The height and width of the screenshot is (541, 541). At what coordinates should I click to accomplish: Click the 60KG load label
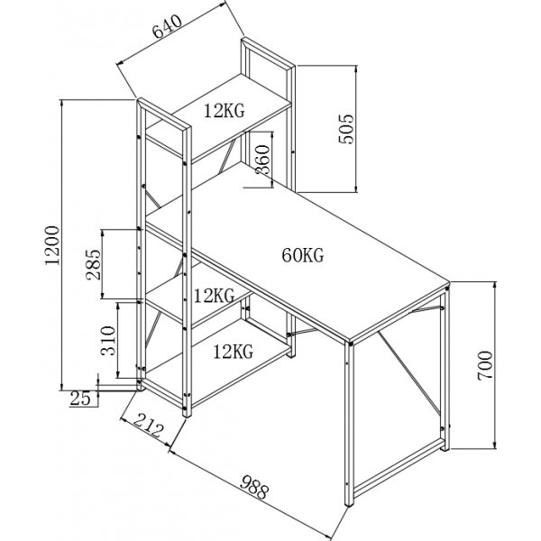coord(303,255)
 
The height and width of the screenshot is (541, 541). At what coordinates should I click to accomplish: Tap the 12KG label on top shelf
coord(223,112)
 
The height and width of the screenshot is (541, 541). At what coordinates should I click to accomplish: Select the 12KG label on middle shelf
coord(214,296)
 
